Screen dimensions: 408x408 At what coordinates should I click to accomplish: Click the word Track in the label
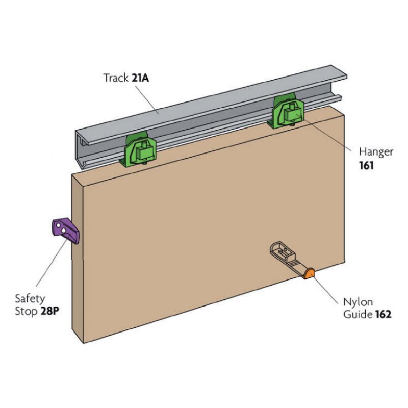116,78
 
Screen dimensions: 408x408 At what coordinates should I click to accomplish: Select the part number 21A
140,78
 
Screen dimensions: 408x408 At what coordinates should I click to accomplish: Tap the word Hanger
376,152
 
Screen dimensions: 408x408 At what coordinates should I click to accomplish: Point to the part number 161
366,165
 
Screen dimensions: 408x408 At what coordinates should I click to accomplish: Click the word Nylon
358,302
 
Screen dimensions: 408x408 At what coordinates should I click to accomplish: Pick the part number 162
384,314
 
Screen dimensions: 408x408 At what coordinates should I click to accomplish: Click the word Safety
30,299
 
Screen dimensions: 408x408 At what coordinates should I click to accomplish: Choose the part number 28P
49,311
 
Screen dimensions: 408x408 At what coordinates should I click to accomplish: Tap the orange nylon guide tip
310,274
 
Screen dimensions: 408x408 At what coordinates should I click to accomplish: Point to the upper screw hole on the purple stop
59,225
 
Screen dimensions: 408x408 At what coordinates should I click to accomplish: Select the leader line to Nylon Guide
325,290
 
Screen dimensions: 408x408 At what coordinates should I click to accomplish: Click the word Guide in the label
358,314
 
